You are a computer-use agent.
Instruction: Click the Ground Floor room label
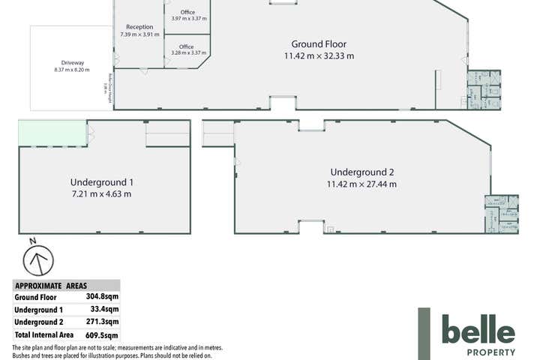[x=318, y=43]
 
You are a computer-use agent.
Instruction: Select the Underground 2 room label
[x=361, y=172]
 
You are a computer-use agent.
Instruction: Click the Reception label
[x=139, y=27]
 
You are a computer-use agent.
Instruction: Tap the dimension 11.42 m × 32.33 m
[x=318, y=55]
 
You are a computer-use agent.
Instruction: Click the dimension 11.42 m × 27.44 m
[x=361, y=184]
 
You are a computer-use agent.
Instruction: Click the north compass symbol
[x=38, y=259]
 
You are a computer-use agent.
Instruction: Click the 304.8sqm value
[x=105, y=297]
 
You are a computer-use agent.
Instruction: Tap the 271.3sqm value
[x=105, y=322]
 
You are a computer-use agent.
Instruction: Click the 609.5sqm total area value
[x=105, y=335]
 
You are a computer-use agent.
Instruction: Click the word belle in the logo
[x=478, y=331]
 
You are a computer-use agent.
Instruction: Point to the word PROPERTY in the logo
[x=490, y=352]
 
